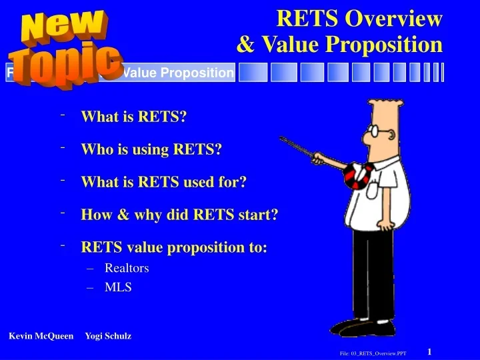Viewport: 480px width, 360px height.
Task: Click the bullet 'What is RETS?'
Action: [x=133, y=117]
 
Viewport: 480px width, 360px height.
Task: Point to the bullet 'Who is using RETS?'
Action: [x=151, y=149]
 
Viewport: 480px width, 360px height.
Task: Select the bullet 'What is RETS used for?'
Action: [x=163, y=182]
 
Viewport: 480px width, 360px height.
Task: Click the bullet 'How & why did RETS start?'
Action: [x=179, y=215]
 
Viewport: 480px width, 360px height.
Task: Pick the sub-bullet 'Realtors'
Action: [x=127, y=268]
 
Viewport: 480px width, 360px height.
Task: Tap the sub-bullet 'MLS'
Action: [x=118, y=288]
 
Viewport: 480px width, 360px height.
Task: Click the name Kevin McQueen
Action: [x=41, y=336]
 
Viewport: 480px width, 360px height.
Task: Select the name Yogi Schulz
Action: [x=108, y=336]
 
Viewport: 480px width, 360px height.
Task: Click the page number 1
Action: [x=430, y=351]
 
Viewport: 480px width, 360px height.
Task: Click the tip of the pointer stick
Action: [x=281, y=139]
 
